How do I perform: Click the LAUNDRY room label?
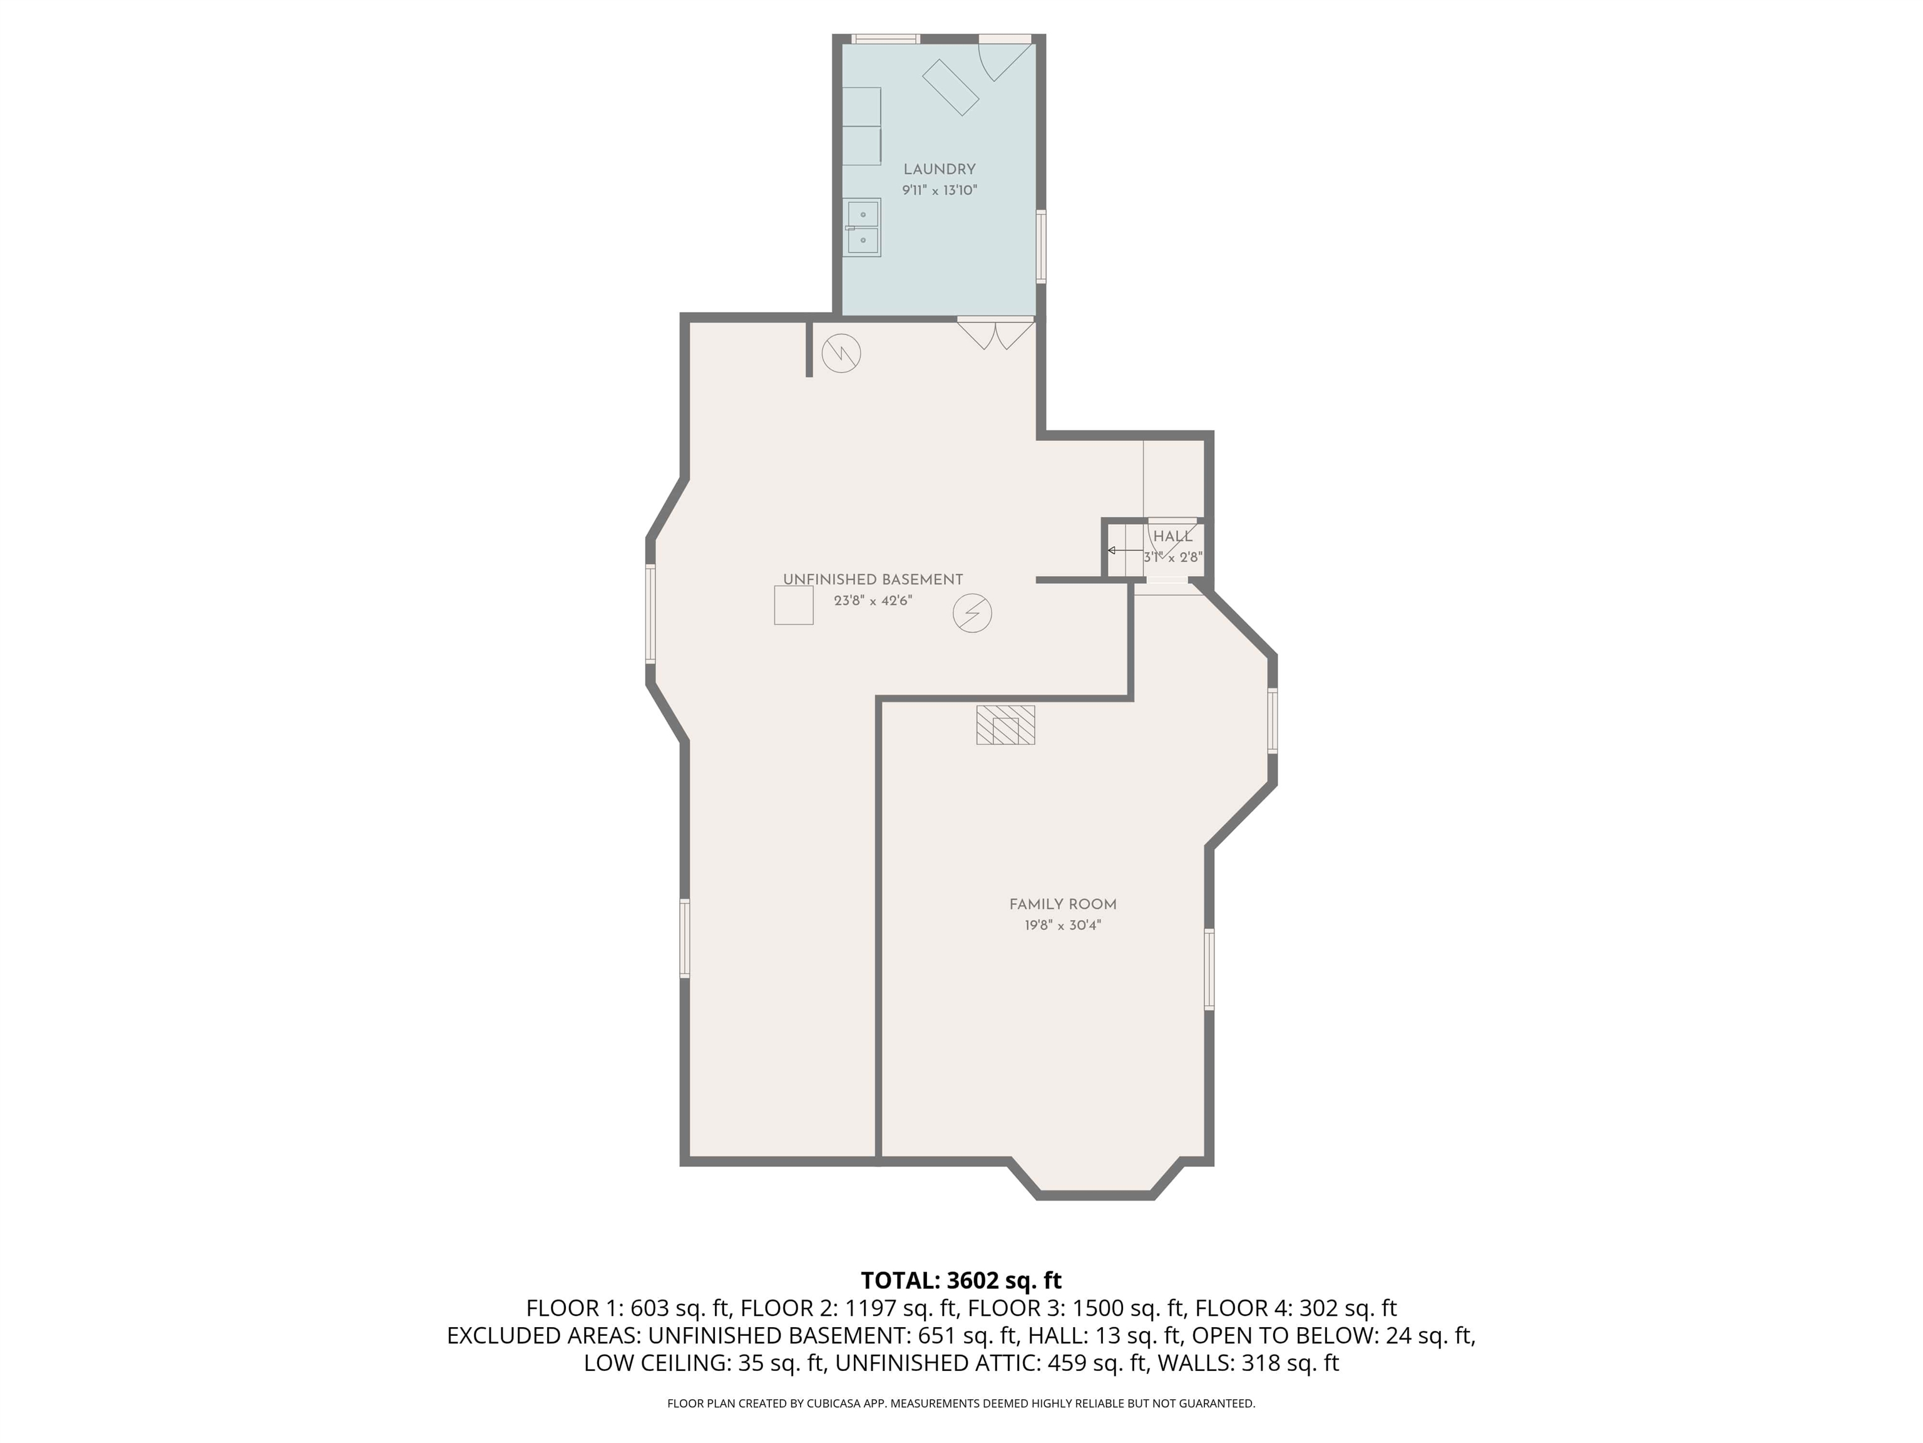coord(939,170)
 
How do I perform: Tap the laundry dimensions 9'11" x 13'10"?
coord(939,190)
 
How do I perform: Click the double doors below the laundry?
coord(997,333)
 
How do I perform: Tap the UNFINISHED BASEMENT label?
coord(873,579)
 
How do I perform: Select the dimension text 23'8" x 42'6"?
coord(873,600)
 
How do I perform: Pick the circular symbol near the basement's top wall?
coord(841,353)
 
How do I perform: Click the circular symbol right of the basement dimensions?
coord(972,613)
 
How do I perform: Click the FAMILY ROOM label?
coord(1062,904)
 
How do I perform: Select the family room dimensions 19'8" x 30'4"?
coord(1062,926)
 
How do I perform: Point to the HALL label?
coord(1172,537)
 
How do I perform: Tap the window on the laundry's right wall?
coord(1040,246)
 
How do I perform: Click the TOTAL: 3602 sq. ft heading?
coord(961,1280)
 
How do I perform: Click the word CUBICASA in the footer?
coord(836,1403)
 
